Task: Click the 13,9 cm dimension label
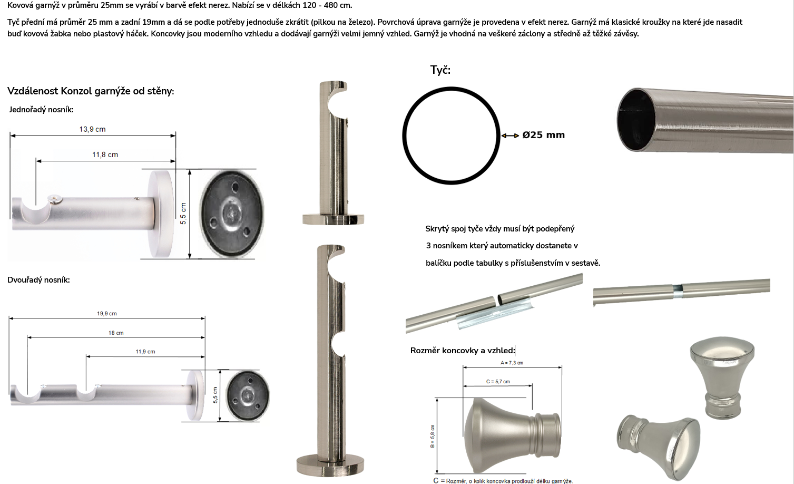coord(92,129)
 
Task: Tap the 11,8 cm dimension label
coord(105,154)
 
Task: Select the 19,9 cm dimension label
coord(107,314)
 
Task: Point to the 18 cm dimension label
coord(116,333)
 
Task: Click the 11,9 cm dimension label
coord(145,352)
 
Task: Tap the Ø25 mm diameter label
coord(543,135)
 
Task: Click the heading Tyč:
coord(440,70)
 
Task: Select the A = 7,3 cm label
coord(512,363)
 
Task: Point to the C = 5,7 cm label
coord(498,382)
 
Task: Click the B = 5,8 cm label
coord(433,436)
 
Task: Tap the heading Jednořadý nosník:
coord(41,110)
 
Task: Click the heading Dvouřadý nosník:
coord(38,280)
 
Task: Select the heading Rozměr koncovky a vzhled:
coord(463,350)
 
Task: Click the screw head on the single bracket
coord(56,200)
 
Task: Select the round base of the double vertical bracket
coord(330,466)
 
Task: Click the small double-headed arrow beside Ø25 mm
coord(510,135)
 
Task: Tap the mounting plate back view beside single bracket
coord(232,215)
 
